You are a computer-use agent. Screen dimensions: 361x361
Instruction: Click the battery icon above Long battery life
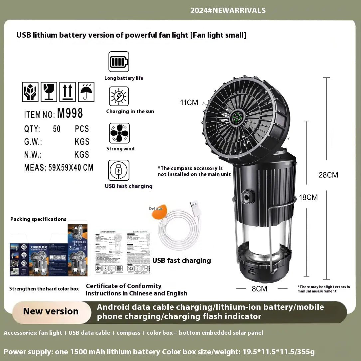point(119,62)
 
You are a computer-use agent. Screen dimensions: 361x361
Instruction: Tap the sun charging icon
point(119,96)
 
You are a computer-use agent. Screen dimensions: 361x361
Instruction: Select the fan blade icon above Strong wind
point(119,133)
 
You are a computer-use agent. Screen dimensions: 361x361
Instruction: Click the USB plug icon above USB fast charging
point(119,170)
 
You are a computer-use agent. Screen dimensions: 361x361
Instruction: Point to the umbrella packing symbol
point(86,92)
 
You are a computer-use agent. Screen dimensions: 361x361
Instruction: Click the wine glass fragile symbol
point(49,92)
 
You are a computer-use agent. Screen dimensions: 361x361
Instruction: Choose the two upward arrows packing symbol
point(68,92)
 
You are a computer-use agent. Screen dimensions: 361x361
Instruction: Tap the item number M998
point(70,114)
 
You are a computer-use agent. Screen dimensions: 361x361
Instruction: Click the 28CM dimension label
point(328,175)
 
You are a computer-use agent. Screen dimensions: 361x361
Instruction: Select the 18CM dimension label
point(308,197)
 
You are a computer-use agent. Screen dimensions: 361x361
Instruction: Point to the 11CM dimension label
point(189,102)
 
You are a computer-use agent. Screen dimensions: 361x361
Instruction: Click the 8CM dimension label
point(260,289)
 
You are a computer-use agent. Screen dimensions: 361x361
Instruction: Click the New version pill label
point(51,311)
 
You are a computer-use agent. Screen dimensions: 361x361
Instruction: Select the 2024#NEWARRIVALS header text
point(228,10)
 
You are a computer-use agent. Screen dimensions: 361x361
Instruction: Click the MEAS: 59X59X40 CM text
point(59,167)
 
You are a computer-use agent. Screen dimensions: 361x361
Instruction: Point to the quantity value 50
point(57,129)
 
